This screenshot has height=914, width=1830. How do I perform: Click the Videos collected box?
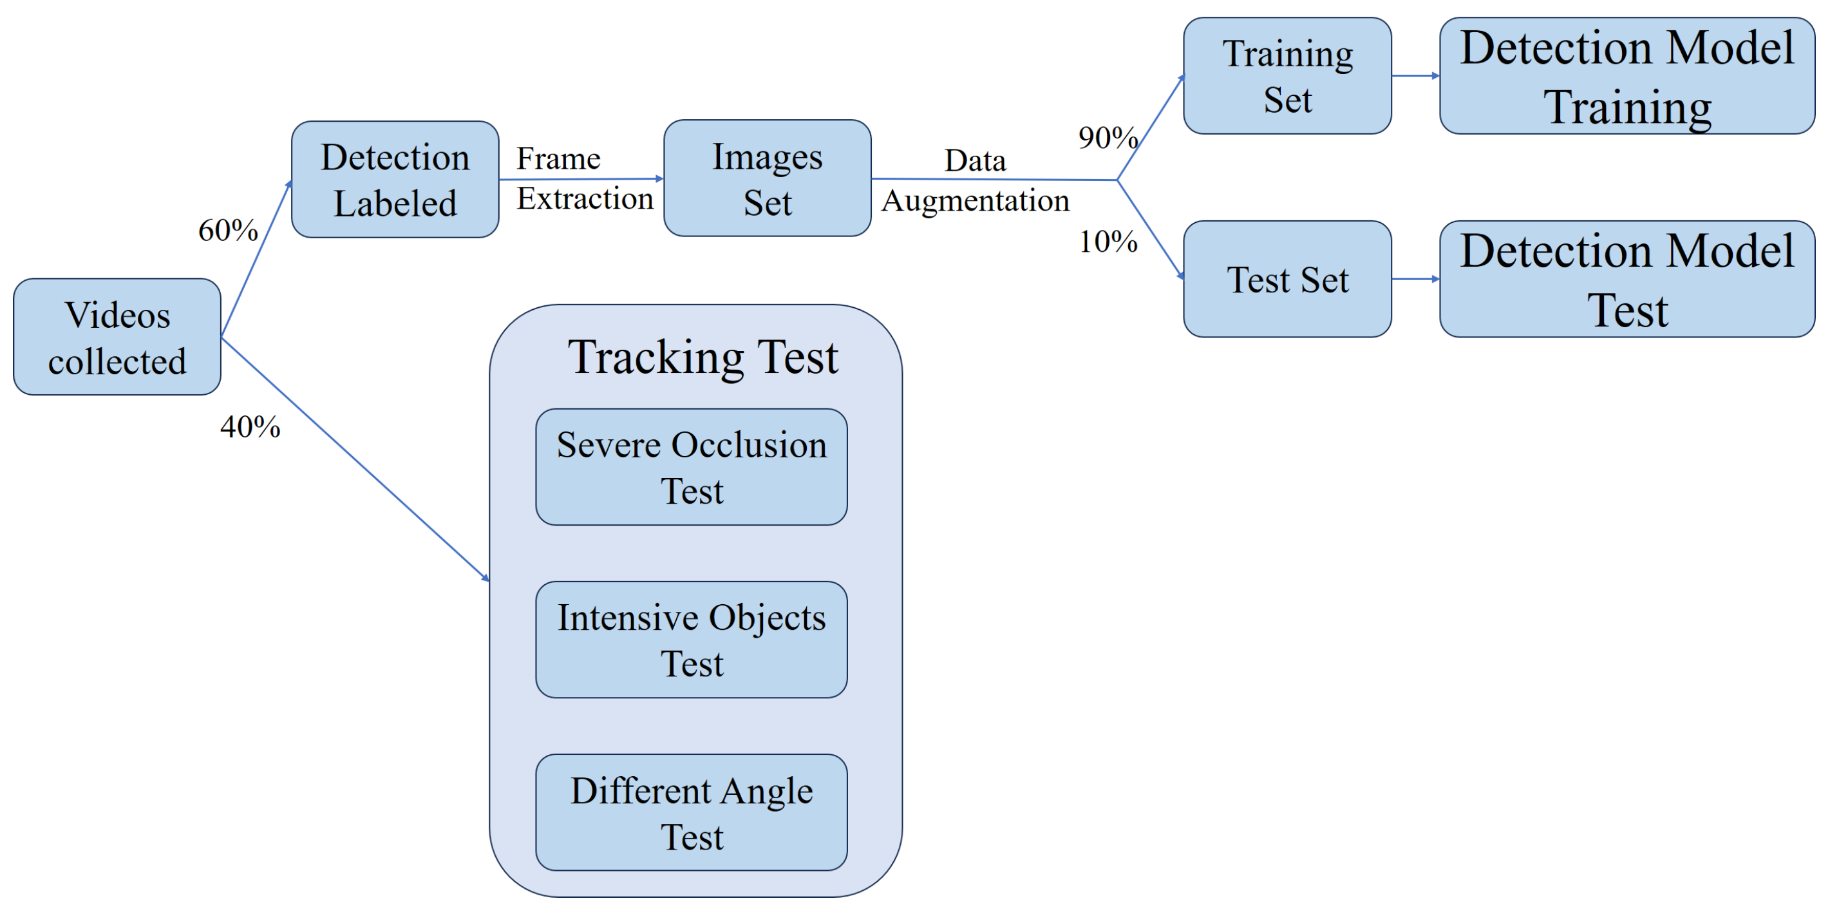click(x=117, y=337)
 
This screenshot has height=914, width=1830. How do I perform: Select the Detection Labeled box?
click(x=395, y=179)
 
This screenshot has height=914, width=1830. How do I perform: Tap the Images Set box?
click(x=768, y=178)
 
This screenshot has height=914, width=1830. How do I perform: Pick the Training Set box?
click(x=1287, y=76)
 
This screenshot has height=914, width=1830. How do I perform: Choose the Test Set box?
click(x=1287, y=280)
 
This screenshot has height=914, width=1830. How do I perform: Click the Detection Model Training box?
click(x=1627, y=76)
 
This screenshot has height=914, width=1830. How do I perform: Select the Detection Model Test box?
click(x=1627, y=280)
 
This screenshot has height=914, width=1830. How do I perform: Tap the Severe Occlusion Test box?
click(x=691, y=467)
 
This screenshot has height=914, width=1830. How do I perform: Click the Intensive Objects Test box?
click(x=691, y=640)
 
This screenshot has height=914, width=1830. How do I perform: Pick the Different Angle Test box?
click(x=691, y=812)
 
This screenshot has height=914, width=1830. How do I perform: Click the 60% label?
click(x=228, y=231)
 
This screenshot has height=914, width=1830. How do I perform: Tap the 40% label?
click(x=250, y=427)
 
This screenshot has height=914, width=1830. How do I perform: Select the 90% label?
click(x=1108, y=138)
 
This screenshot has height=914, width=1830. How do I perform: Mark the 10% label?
click(x=1108, y=242)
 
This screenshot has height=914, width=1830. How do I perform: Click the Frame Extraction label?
click(x=584, y=178)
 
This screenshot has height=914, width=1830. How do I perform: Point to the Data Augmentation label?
click(x=976, y=180)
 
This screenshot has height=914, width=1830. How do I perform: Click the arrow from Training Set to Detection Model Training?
click(x=1415, y=75)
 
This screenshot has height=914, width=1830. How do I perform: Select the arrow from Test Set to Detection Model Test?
click(x=1415, y=280)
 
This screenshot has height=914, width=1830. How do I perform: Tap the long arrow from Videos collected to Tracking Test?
click(x=355, y=459)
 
